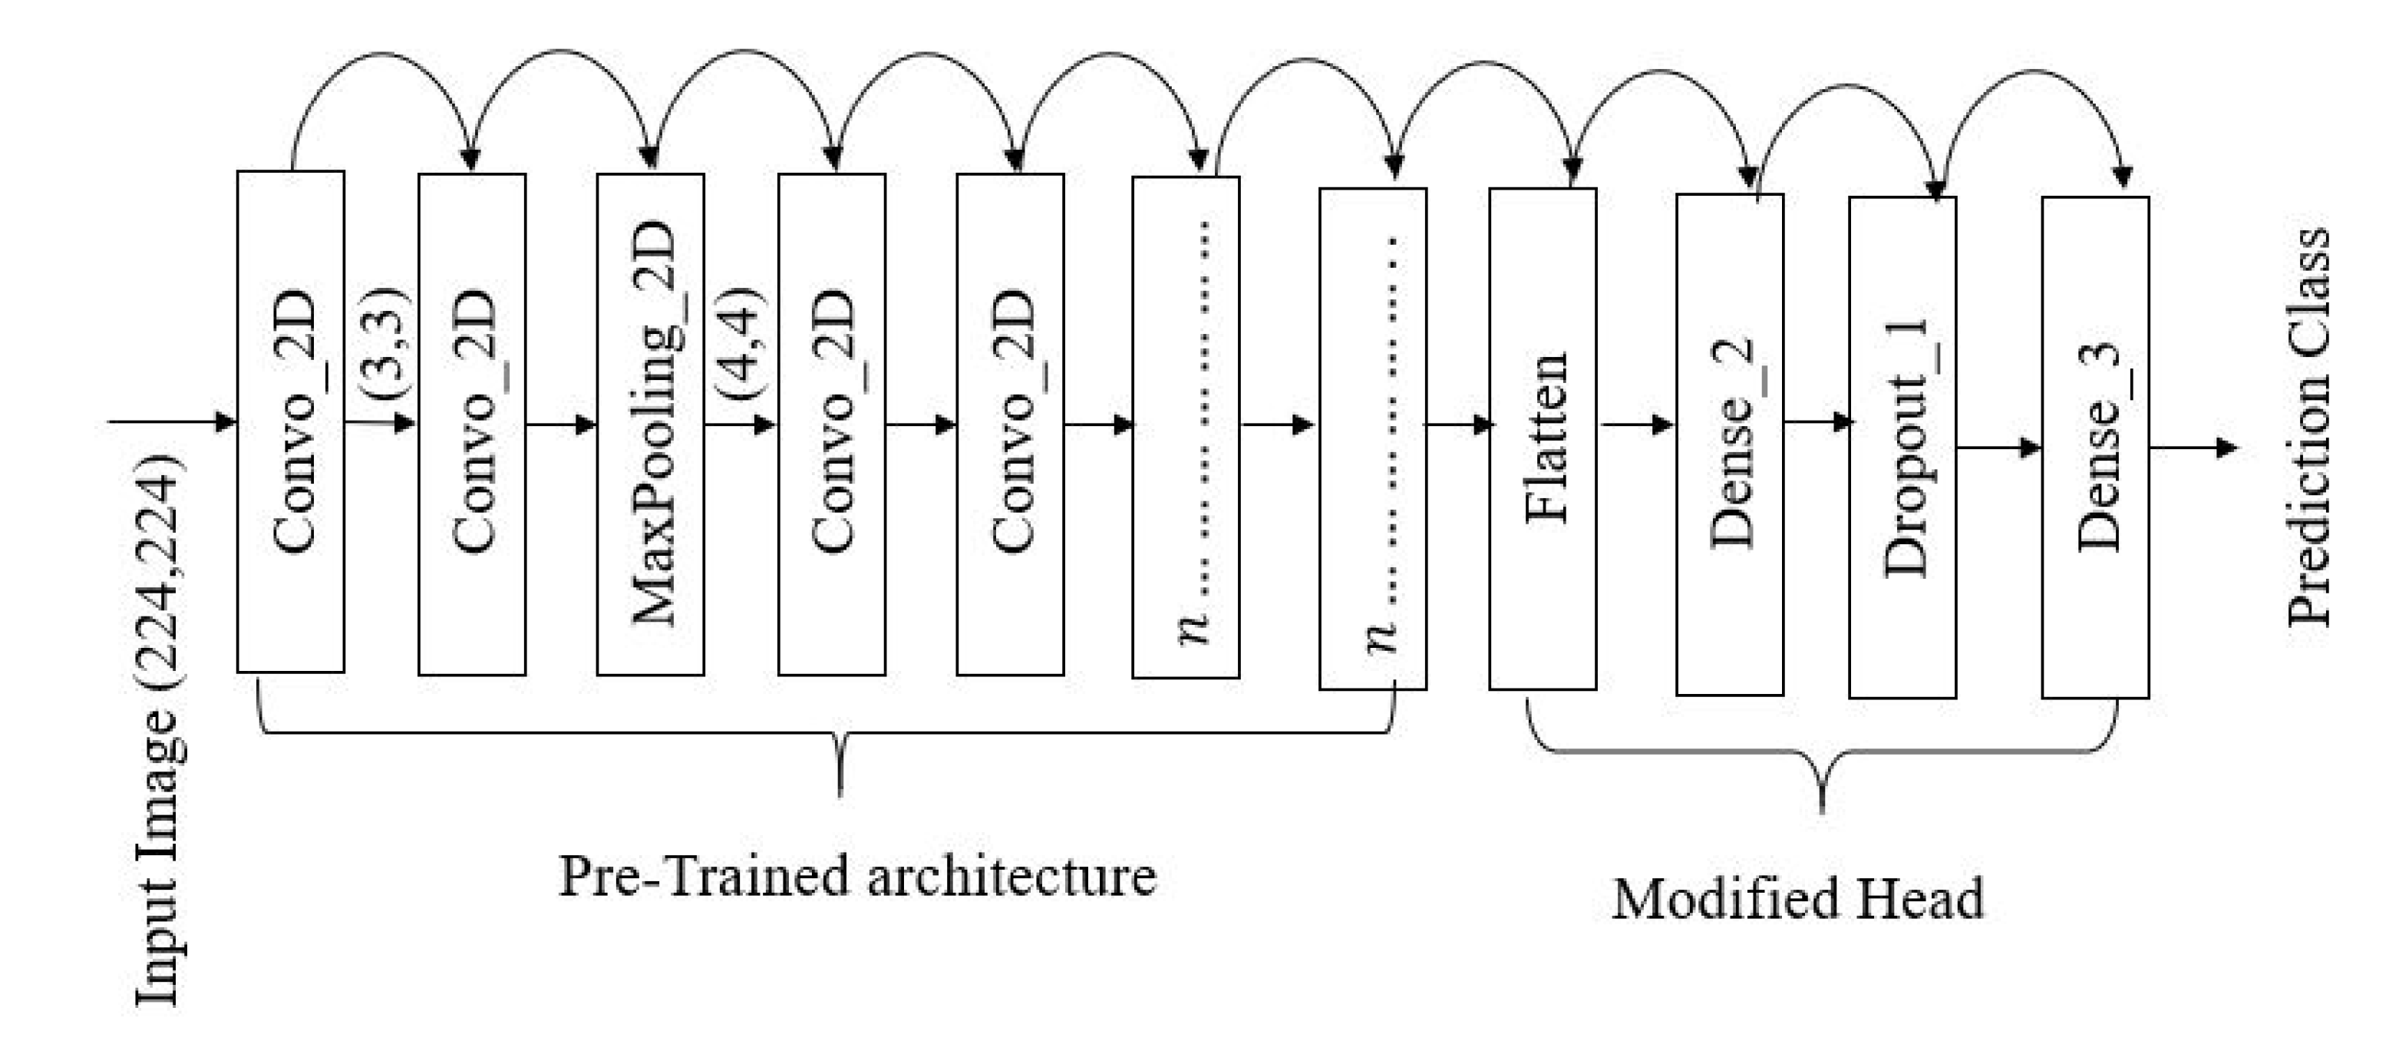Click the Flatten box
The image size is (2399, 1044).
coord(1543,438)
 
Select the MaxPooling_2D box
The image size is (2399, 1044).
coord(650,424)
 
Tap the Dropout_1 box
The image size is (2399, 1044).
coord(1902,447)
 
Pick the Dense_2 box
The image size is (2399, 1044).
coord(1729,444)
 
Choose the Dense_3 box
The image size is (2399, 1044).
coord(2094,447)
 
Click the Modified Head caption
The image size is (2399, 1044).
coord(1797,899)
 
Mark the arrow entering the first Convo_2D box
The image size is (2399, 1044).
coord(172,422)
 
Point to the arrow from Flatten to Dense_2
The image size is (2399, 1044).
coord(1636,425)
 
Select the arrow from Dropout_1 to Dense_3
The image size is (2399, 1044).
coord(1998,448)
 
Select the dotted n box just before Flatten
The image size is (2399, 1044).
coord(1373,438)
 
